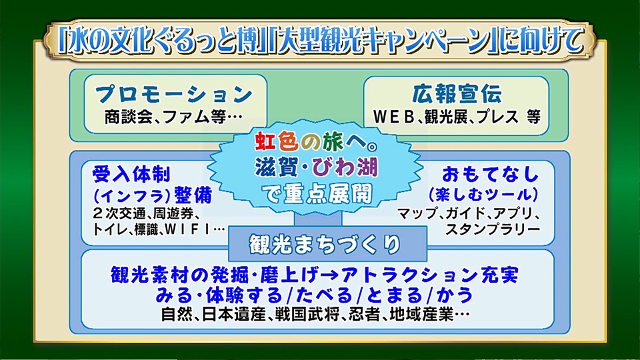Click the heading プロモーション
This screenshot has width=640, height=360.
tap(174, 94)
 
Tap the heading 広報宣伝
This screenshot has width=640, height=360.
tap(457, 94)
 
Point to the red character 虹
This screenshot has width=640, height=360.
tap(266, 141)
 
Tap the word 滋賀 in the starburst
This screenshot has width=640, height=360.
tap(275, 167)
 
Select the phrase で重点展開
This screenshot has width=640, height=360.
tap(317, 194)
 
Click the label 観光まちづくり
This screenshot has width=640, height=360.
tap(325, 245)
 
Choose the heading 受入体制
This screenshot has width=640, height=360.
tap(131, 174)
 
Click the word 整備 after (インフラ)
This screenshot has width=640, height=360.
tap(193, 195)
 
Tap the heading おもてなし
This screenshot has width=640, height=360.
tap(491, 174)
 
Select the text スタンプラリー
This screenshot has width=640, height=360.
tap(493, 229)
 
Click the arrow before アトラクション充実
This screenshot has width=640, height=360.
tap(330, 275)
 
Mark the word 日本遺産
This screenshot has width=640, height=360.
tap(234, 315)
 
